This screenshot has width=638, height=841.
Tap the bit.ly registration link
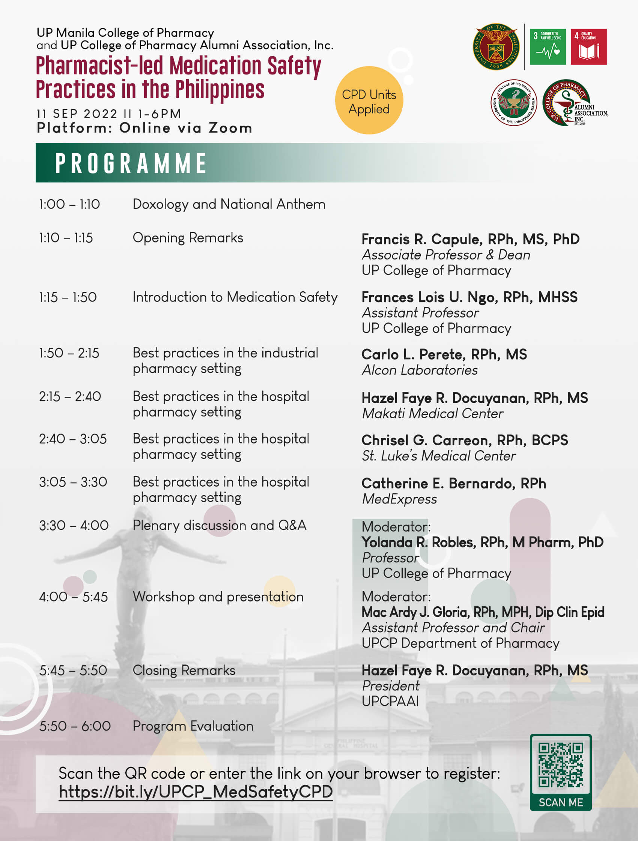tap(196, 791)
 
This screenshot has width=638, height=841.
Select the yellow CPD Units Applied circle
tap(369, 100)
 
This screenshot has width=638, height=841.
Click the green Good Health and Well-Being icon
tap(547, 47)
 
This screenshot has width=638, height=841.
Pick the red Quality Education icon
tap(588, 47)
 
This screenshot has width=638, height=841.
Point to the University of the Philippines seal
tap(496, 47)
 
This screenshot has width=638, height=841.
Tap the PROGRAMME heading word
tap(131, 163)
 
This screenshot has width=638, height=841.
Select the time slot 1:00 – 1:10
tap(69, 205)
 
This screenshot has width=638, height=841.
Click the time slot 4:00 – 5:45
tap(73, 597)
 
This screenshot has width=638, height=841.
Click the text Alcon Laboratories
tap(420, 370)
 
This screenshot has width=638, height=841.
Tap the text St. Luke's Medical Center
tap(438, 456)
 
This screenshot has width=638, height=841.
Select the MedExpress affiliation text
tap(399, 499)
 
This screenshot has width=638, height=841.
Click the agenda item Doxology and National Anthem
tap(229, 205)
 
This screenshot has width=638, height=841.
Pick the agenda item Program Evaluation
tap(193, 726)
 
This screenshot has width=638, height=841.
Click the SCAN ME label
tap(560, 802)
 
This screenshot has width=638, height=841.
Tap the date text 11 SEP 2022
tap(77, 114)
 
